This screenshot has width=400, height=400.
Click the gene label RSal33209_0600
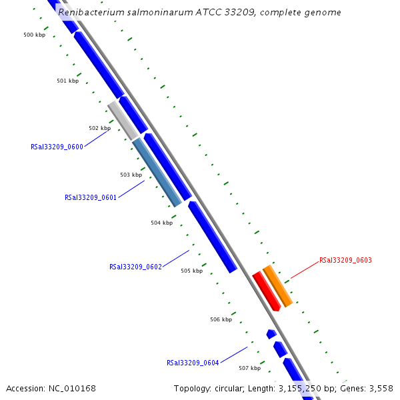click(57, 147)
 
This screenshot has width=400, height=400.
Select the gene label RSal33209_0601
click(91, 197)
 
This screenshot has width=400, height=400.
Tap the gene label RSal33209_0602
click(135, 267)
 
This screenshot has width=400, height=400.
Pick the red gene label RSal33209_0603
click(345, 261)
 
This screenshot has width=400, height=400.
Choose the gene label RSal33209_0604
click(193, 363)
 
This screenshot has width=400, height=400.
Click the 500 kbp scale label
click(34, 35)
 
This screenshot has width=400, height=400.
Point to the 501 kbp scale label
click(67, 81)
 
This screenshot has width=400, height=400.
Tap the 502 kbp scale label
click(99, 128)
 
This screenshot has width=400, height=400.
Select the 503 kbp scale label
click(131, 175)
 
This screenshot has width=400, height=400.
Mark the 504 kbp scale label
click(161, 223)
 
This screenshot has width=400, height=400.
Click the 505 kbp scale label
click(191, 271)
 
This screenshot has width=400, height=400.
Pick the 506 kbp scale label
click(221, 319)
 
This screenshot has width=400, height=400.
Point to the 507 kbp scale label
click(249, 368)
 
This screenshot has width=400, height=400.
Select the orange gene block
click(278, 286)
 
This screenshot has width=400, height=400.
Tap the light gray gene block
click(123, 120)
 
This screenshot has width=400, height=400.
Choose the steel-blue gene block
click(157, 172)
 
